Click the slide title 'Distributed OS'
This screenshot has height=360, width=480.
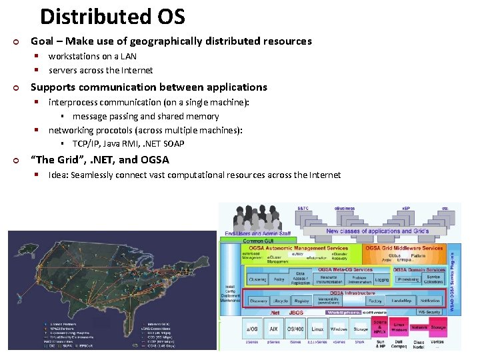pyautogui.click(x=112, y=16)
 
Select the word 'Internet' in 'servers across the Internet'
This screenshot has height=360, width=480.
pyautogui.click(x=135, y=70)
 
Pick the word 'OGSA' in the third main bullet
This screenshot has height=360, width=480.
pyautogui.click(x=155, y=160)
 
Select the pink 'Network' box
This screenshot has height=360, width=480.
pyautogui.click(x=419, y=327)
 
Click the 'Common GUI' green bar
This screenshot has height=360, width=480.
pyautogui.click(x=257, y=241)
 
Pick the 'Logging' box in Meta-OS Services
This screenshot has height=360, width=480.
pyautogui.click(x=381, y=280)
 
